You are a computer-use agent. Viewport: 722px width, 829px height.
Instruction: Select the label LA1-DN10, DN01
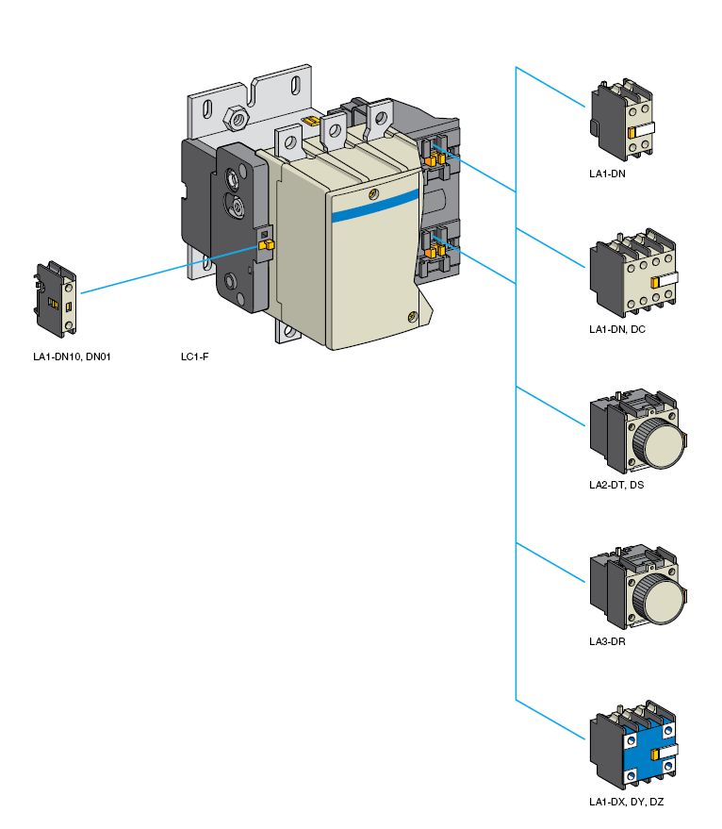[72, 357]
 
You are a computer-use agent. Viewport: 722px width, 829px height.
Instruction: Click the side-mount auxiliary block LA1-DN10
[57, 299]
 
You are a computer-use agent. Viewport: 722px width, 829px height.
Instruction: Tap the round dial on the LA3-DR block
[654, 596]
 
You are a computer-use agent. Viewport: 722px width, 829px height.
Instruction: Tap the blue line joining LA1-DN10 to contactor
[170, 269]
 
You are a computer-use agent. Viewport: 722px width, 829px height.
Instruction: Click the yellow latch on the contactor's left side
[265, 245]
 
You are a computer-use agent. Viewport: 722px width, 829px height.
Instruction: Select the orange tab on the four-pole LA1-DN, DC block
[654, 282]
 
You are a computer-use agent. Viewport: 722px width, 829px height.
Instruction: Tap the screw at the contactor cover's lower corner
[412, 318]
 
